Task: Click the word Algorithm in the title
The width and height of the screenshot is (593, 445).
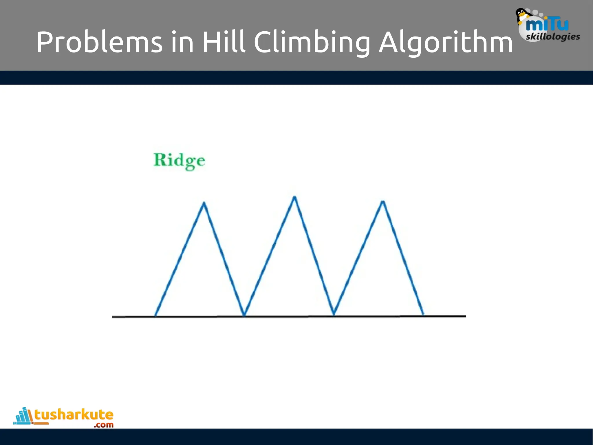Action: (x=446, y=43)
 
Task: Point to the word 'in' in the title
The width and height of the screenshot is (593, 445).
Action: (x=182, y=43)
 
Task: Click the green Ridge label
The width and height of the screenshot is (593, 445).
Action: (x=179, y=161)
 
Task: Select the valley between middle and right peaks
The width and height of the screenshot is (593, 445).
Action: (x=334, y=314)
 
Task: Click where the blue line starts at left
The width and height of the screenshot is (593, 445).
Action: (x=155, y=315)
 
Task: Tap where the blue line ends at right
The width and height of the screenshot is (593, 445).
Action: (x=423, y=314)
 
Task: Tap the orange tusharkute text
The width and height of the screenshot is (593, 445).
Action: (x=74, y=415)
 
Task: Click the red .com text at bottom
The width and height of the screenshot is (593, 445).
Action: (x=103, y=425)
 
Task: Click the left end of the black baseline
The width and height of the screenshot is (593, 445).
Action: (x=113, y=317)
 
